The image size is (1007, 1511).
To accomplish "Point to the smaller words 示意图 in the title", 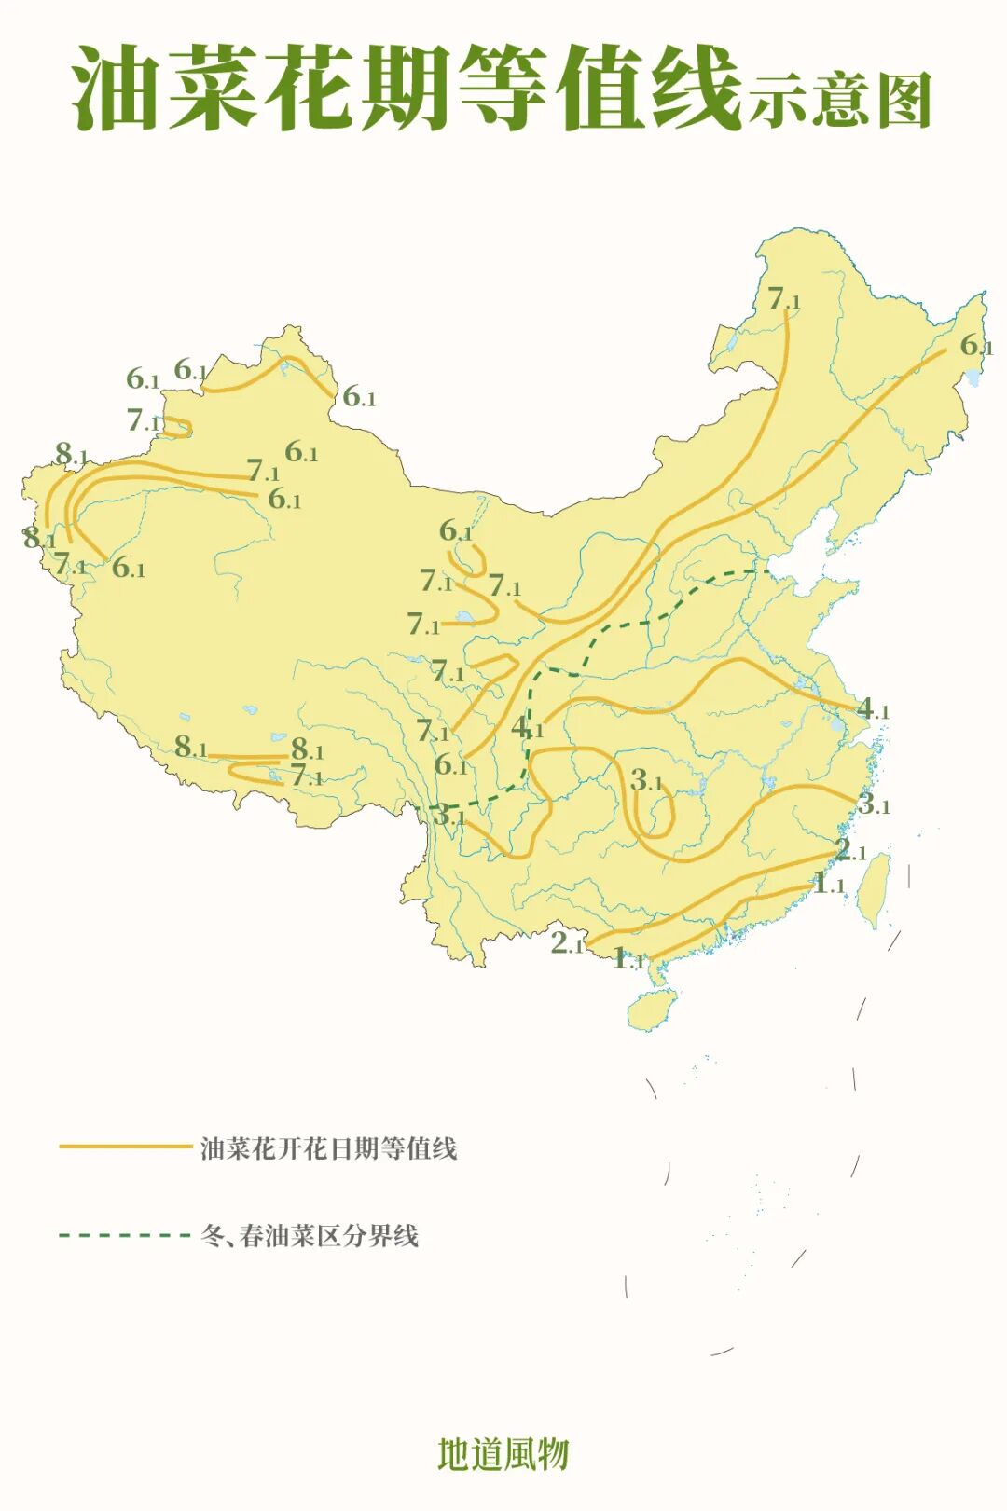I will [x=839, y=100].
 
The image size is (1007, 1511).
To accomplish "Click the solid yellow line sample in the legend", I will [x=125, y=1147].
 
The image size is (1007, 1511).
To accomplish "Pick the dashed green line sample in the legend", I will [x=125, y=1235].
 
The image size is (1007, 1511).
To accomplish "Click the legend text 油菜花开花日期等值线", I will [x=329, y=1147].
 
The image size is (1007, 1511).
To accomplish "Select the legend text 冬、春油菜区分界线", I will [x=310, y=1236].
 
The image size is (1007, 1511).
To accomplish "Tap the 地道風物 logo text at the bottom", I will [x=504, y=1454].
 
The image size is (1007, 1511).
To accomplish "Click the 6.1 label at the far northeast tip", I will [x=976, y=346].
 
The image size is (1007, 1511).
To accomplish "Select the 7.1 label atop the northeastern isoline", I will [x=783, y=299].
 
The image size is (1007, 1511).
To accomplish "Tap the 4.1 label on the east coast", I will [x=873, y=709].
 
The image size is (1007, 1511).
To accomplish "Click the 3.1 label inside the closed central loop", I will [x=646, y=780].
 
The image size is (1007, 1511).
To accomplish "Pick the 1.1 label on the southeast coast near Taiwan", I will [x=828, y=883].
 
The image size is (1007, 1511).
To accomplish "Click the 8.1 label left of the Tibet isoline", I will [x=190, y=747].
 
